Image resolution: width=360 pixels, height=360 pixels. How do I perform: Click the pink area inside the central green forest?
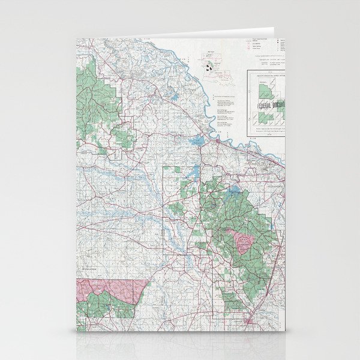point(245,242)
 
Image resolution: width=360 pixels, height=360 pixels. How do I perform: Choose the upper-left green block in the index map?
point(263,90)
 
